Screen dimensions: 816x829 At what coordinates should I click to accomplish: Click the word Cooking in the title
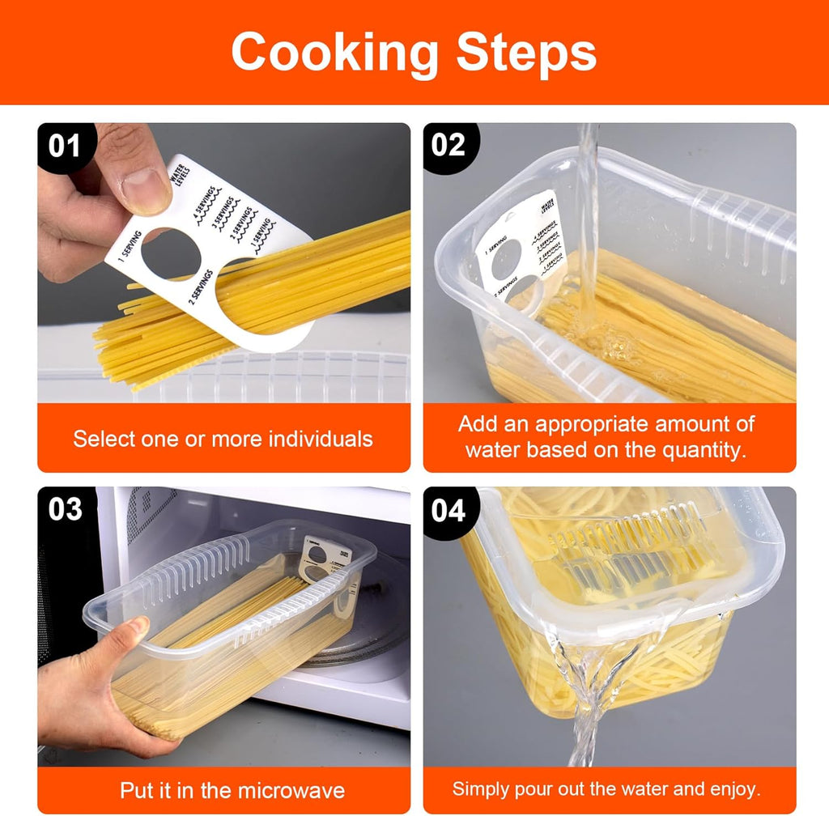334,53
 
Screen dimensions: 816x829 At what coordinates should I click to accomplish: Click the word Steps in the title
525,53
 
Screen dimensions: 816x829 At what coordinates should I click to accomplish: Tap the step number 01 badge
65,147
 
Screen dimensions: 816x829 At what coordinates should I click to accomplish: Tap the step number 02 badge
449,146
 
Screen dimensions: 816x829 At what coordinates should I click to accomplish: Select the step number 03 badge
65,510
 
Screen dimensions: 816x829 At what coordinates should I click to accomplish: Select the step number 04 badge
449,511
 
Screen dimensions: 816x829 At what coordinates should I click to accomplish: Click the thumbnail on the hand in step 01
147,180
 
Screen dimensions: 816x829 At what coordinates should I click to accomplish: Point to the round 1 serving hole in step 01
171,255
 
